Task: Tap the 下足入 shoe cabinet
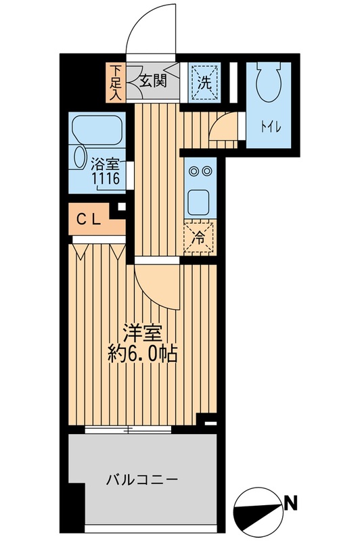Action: [x=116, y=82]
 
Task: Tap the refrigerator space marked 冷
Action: [x=200, y=237]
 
